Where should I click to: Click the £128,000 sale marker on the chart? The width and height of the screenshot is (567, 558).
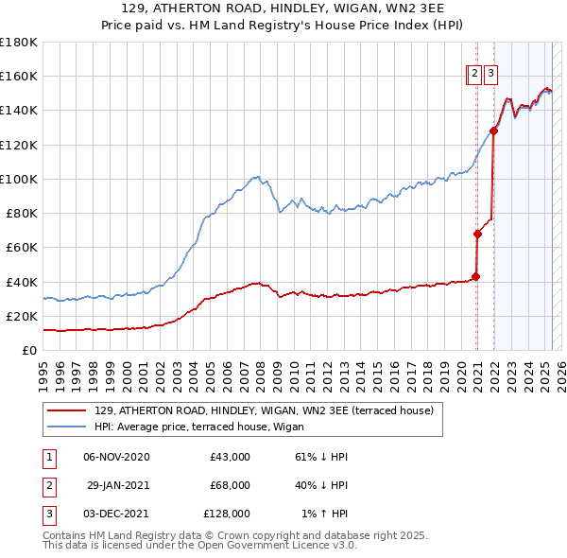493,131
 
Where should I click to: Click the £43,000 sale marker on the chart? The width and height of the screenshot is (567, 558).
475,277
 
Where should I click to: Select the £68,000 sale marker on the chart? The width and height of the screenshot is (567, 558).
478,234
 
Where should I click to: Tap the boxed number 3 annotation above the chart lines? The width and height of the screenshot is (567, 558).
490,76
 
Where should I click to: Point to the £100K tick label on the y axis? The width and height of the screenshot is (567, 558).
19,179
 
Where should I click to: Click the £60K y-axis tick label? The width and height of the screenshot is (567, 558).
22,247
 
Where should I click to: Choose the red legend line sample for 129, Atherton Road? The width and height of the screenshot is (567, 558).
67,410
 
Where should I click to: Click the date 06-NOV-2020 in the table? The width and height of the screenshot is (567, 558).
116,457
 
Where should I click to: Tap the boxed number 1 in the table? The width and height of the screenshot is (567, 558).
48,457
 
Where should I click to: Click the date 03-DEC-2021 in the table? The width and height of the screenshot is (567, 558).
116,514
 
